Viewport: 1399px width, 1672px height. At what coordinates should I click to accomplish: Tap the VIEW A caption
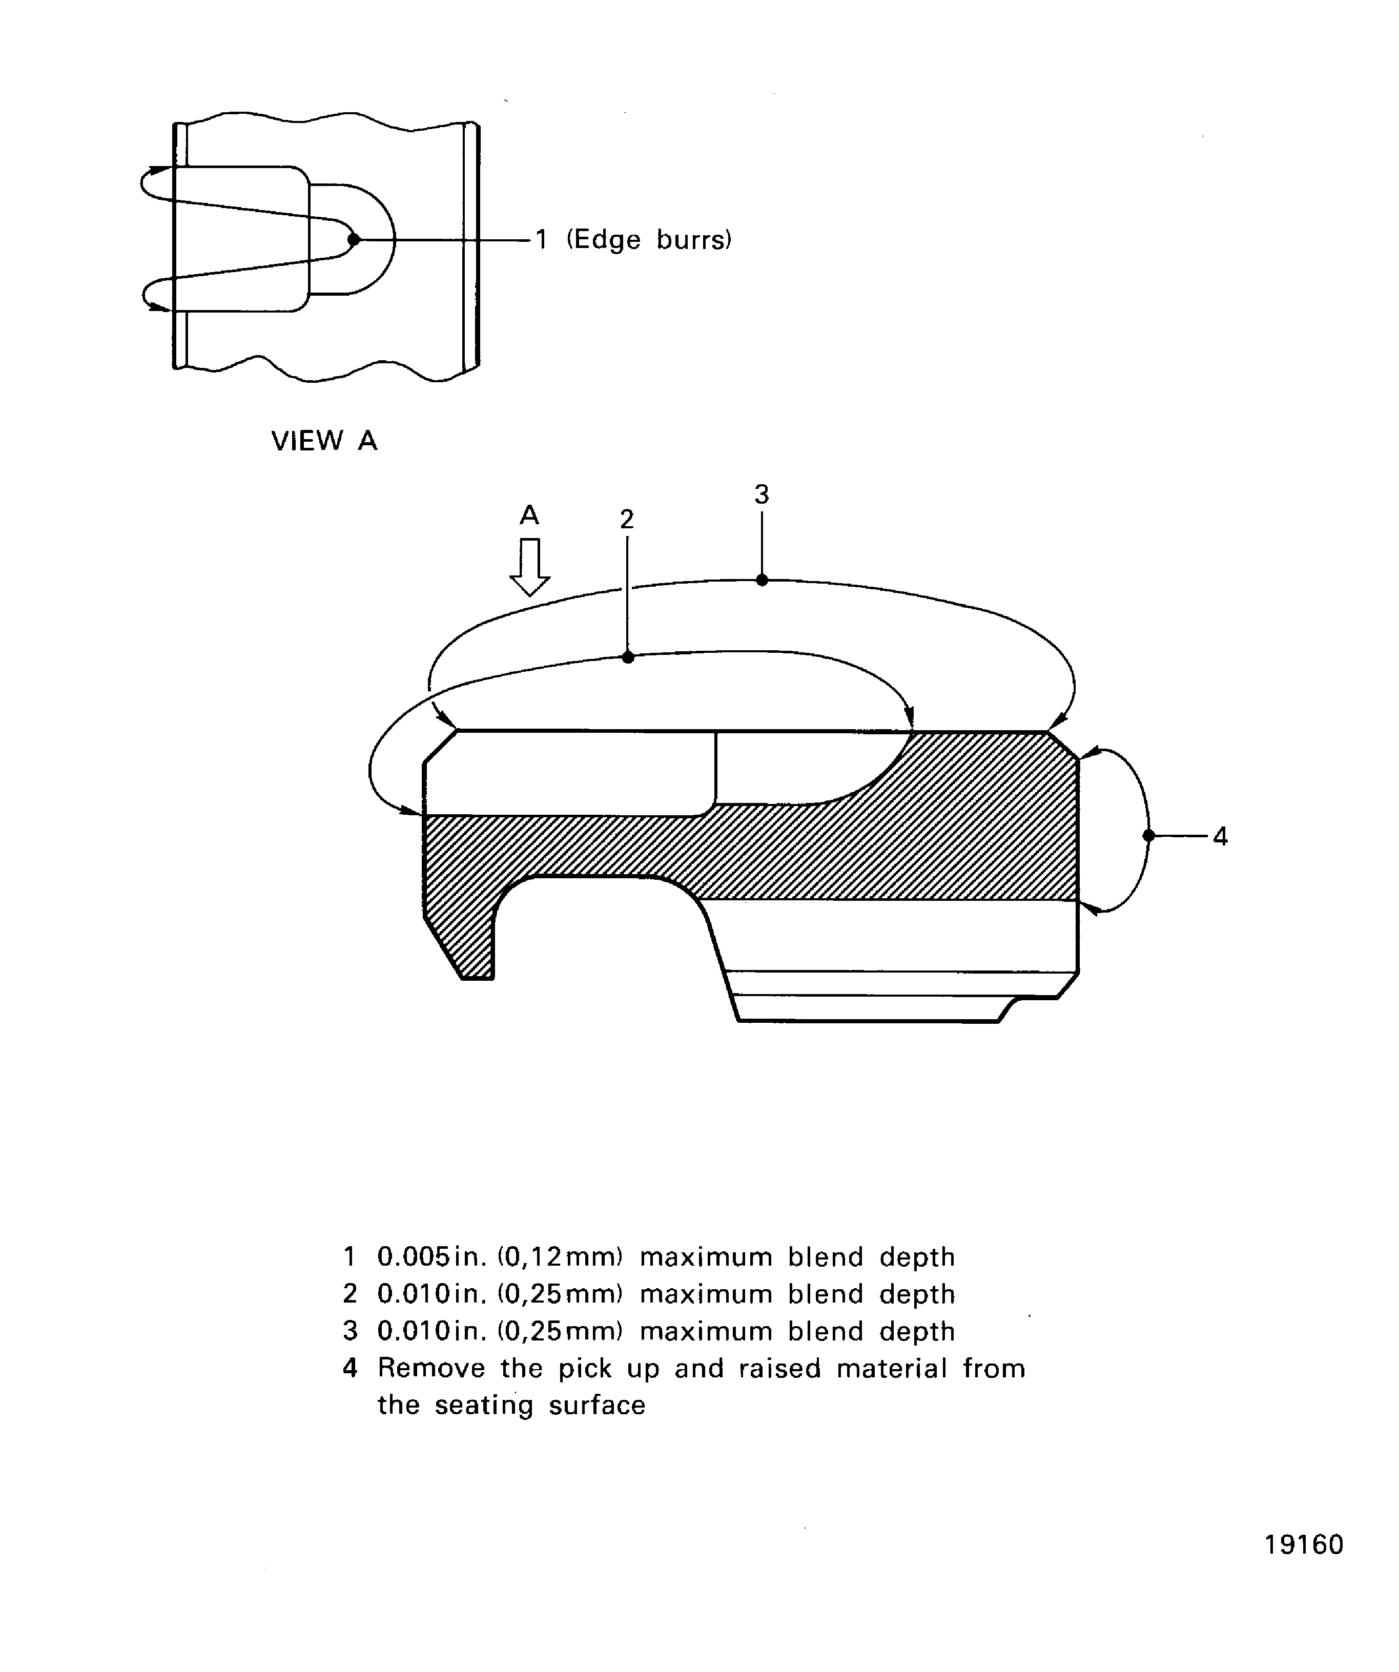click(x=324, y=440)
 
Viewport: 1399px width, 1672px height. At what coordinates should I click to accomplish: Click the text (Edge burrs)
click(x=649, y=240)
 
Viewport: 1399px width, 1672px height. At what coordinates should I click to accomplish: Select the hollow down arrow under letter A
click(x=529, y=567)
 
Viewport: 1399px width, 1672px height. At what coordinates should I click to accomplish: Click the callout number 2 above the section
click(x=627, y=519)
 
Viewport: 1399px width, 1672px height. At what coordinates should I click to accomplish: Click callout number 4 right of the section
click(x=1220, y=836)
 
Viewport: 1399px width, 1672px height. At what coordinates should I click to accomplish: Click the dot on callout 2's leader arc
click(x=627, y=657)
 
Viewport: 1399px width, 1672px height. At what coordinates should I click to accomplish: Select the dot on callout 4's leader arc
click(x=1148, y=836)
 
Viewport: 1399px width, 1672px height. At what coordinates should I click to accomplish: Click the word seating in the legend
click(x=483, y=1405)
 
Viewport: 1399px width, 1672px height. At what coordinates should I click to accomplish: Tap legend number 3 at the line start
click(x=349, y=1331)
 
